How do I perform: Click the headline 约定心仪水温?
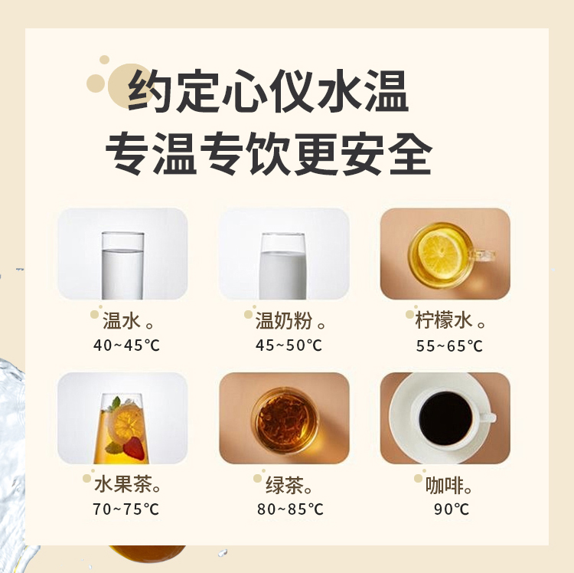[x=268, y=90]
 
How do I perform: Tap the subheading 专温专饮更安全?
[x=269, y=154]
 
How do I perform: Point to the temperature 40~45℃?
[x=126, y=345]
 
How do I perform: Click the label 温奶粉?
[x=284, y=320]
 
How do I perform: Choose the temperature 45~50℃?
[x=289, y=345]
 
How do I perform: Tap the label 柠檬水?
[x=444, y=320]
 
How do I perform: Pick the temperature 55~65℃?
[x=449, y=345]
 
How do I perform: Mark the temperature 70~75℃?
[x=126, y=509]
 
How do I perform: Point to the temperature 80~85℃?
[x=290, y=509]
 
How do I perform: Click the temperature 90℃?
[x=452, y=509]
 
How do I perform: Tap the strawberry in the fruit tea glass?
[x=134, y=448]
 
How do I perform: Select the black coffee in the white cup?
[x=445, y=418]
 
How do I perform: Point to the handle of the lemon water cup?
[x=482, y=255]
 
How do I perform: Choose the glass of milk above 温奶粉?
[x=282, y=266]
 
